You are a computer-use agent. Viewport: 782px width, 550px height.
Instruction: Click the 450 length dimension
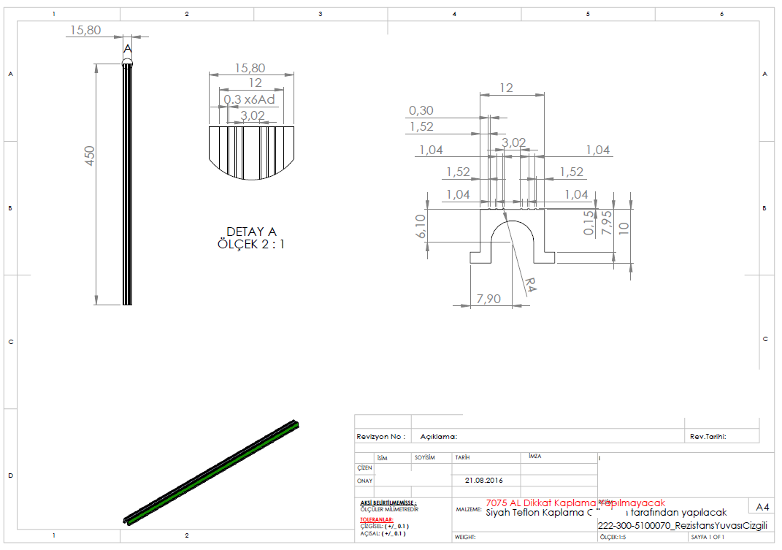point(91,156)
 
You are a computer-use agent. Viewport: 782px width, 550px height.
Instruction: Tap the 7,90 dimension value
point(488,298)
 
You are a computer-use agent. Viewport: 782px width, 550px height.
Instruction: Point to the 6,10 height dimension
point(421,226)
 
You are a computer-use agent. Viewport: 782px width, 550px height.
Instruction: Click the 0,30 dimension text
point(421,110)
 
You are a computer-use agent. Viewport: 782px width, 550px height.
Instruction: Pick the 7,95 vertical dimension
point(605,223)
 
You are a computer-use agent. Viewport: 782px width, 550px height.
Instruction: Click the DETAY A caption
point(251,232)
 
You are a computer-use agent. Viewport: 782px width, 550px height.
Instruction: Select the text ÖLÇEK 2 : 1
point(251,244)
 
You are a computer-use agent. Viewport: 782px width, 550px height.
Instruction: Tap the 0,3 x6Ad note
point(250,99)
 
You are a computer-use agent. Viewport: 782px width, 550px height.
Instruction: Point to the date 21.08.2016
point(483,481)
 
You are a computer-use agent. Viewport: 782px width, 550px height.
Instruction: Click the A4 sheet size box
point(762,507)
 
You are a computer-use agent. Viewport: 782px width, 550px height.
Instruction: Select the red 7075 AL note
point(575,503)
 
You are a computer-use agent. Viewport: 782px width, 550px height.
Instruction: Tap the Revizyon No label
point(380,436)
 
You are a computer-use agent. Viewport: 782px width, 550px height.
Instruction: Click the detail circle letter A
point(128,49)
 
